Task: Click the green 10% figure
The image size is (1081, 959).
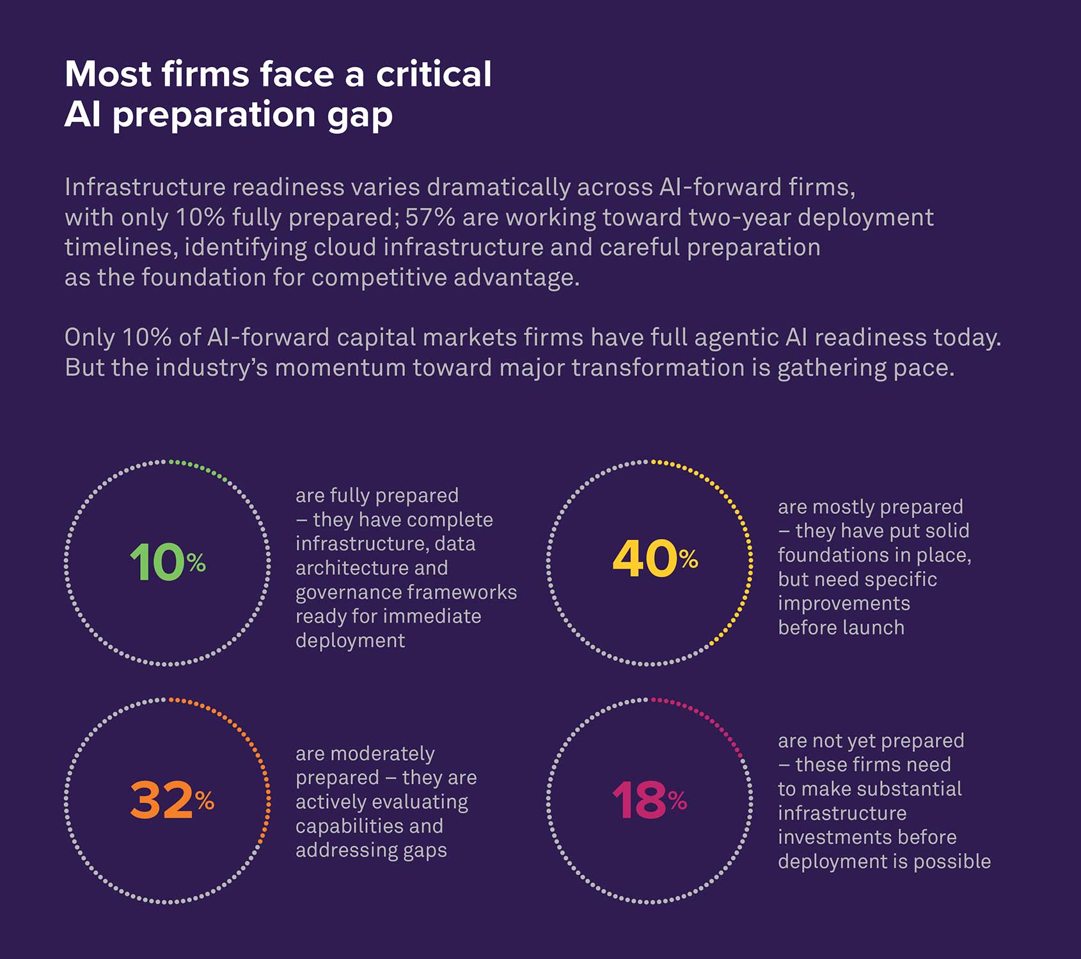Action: click(x=167, y=563)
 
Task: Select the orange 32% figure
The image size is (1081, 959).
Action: click(x=171, y=800)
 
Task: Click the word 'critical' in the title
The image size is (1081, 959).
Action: click(x=434, y=74)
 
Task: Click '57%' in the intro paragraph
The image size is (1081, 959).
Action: click(x=430, y=217)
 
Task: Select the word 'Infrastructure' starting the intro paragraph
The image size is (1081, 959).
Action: click(x=145, y=187)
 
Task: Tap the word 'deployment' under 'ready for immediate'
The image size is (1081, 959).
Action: click(x=350, y=641)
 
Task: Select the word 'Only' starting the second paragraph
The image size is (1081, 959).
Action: click(x=90, y=338)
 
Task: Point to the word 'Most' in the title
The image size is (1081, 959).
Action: click(x=108, y=74)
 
